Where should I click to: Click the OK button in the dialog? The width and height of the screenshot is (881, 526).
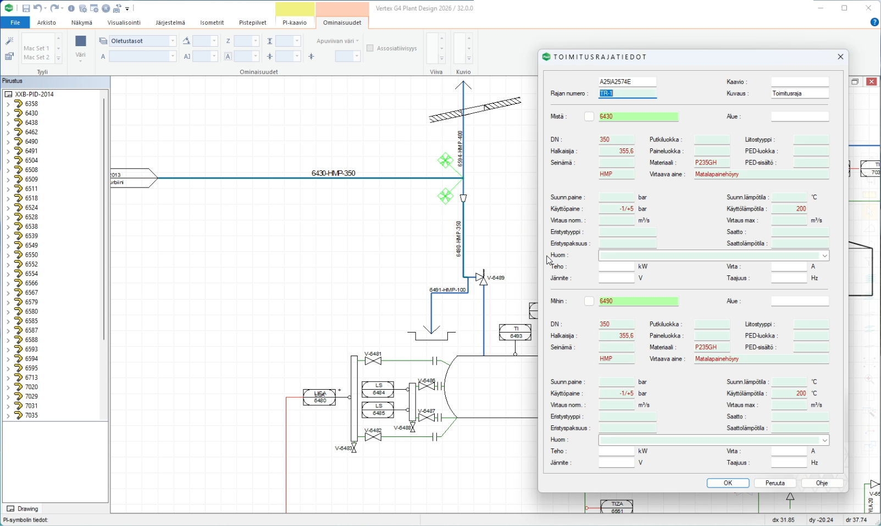coord(728,483)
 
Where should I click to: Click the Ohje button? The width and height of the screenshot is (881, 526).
coord(822,483)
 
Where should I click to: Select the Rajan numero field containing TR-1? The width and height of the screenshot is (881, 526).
coord(627,93)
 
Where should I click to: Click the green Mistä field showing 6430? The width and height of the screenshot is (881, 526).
coord(638,117)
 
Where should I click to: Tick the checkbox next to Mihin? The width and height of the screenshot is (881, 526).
coord(589,301)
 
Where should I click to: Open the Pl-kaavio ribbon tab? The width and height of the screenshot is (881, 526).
coord(295,23)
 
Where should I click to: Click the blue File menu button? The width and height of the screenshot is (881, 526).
coord(15,23)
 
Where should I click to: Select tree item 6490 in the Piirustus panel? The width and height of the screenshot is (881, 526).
coord(31,141)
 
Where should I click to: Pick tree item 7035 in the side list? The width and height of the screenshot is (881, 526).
coord(31,416)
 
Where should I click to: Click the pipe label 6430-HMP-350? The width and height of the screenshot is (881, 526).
coord(333,173)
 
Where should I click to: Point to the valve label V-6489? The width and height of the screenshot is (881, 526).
coord(496,278)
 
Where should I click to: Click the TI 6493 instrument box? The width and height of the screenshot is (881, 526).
coord(516,332)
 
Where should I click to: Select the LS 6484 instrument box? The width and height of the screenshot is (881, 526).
coord(378,389)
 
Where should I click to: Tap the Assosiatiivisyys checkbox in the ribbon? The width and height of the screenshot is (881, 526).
coord(370,48)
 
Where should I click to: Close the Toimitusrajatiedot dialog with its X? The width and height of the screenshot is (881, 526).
coord(840,57)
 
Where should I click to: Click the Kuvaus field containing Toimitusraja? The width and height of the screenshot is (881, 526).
coord(800,93)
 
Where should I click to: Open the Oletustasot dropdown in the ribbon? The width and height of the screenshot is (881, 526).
coord(173,41)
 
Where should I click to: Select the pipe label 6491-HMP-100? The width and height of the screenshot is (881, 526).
coord(447,290)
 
